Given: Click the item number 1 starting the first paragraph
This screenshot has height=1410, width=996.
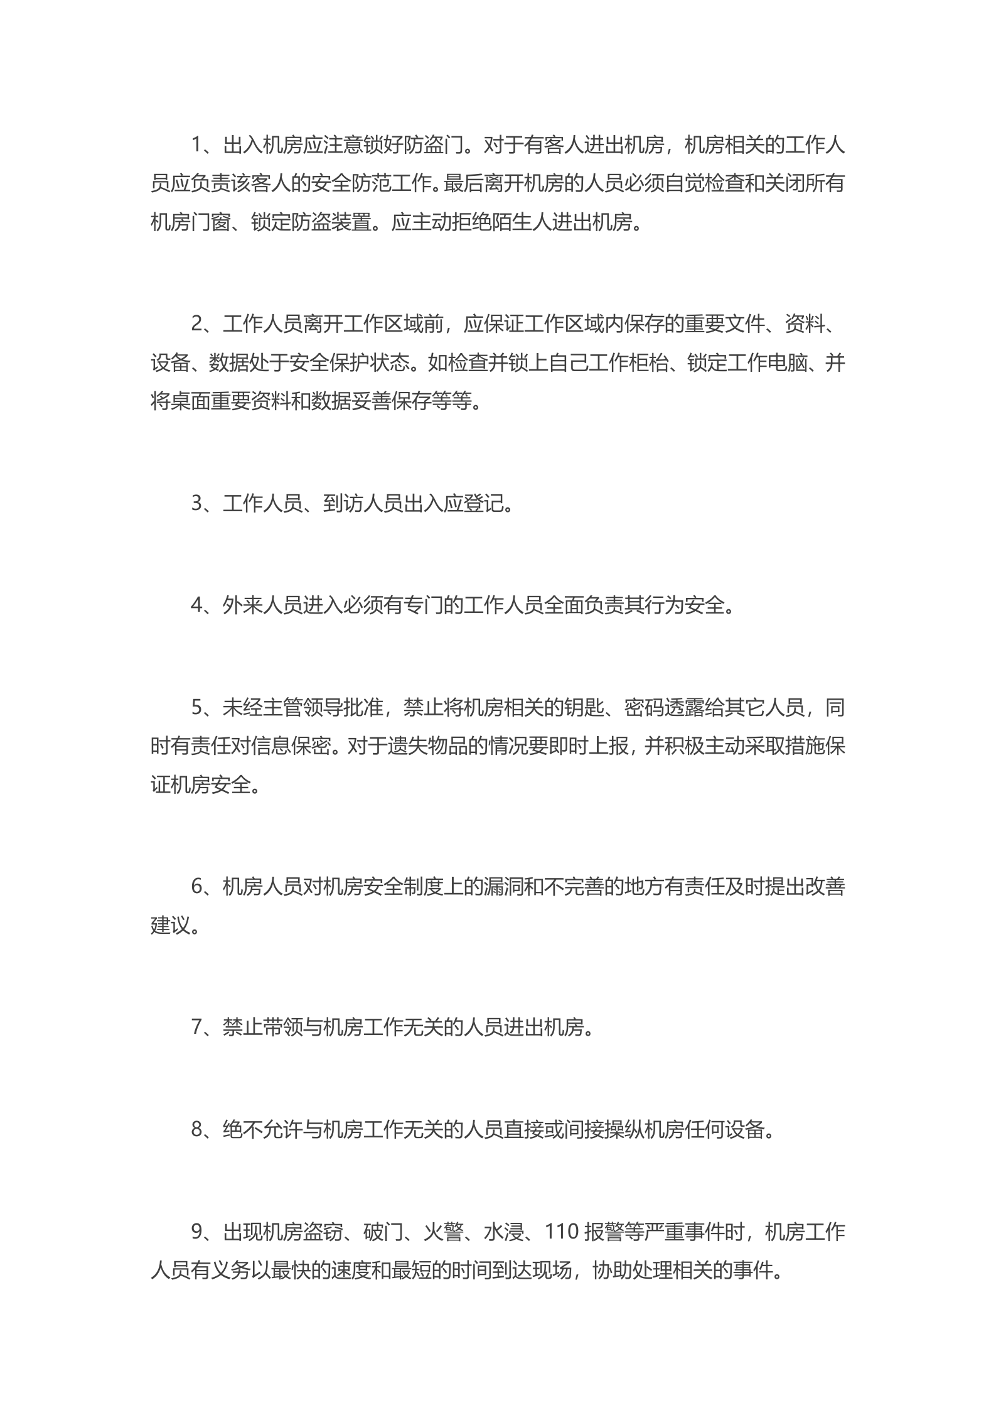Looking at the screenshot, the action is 196,146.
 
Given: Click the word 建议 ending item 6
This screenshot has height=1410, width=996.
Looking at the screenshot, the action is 170,926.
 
